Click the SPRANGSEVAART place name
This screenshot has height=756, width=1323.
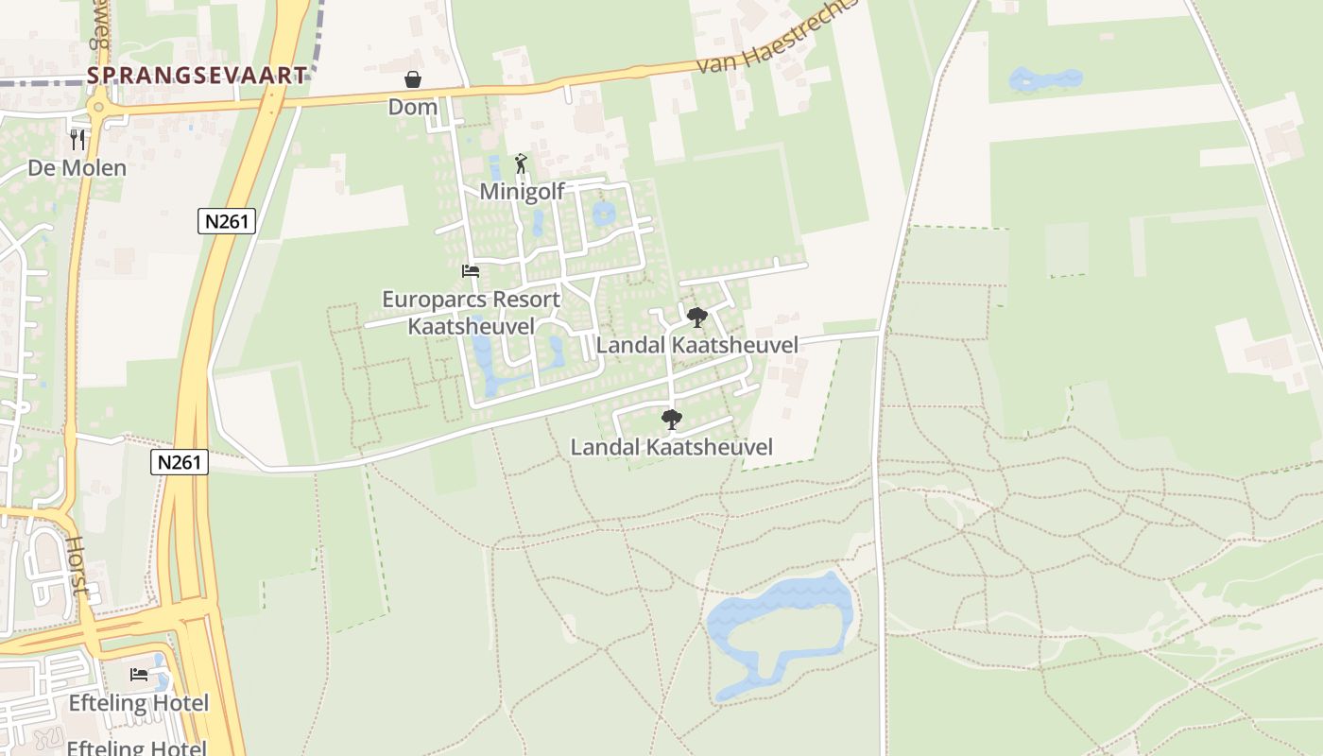(198, 76)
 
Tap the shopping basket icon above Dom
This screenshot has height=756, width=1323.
(413, 79)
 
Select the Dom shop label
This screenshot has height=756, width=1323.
(413, 107)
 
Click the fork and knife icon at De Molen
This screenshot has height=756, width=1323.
(77, 140)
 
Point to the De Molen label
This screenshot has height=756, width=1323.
(77, 168)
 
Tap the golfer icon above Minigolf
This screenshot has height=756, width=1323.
(521, 163)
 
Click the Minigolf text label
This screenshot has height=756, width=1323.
(522, 192)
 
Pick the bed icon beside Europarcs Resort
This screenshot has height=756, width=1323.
(470, 271)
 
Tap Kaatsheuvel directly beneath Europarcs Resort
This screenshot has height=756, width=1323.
(471, 326)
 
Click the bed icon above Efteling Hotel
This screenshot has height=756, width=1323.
(139, 675)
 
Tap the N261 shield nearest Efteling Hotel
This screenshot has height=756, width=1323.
(179, 461)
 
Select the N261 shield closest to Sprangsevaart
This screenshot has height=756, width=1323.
(227, 221)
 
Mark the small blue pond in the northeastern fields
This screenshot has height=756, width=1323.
(1044, 79)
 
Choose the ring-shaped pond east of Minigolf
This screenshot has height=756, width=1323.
(603, 214)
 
